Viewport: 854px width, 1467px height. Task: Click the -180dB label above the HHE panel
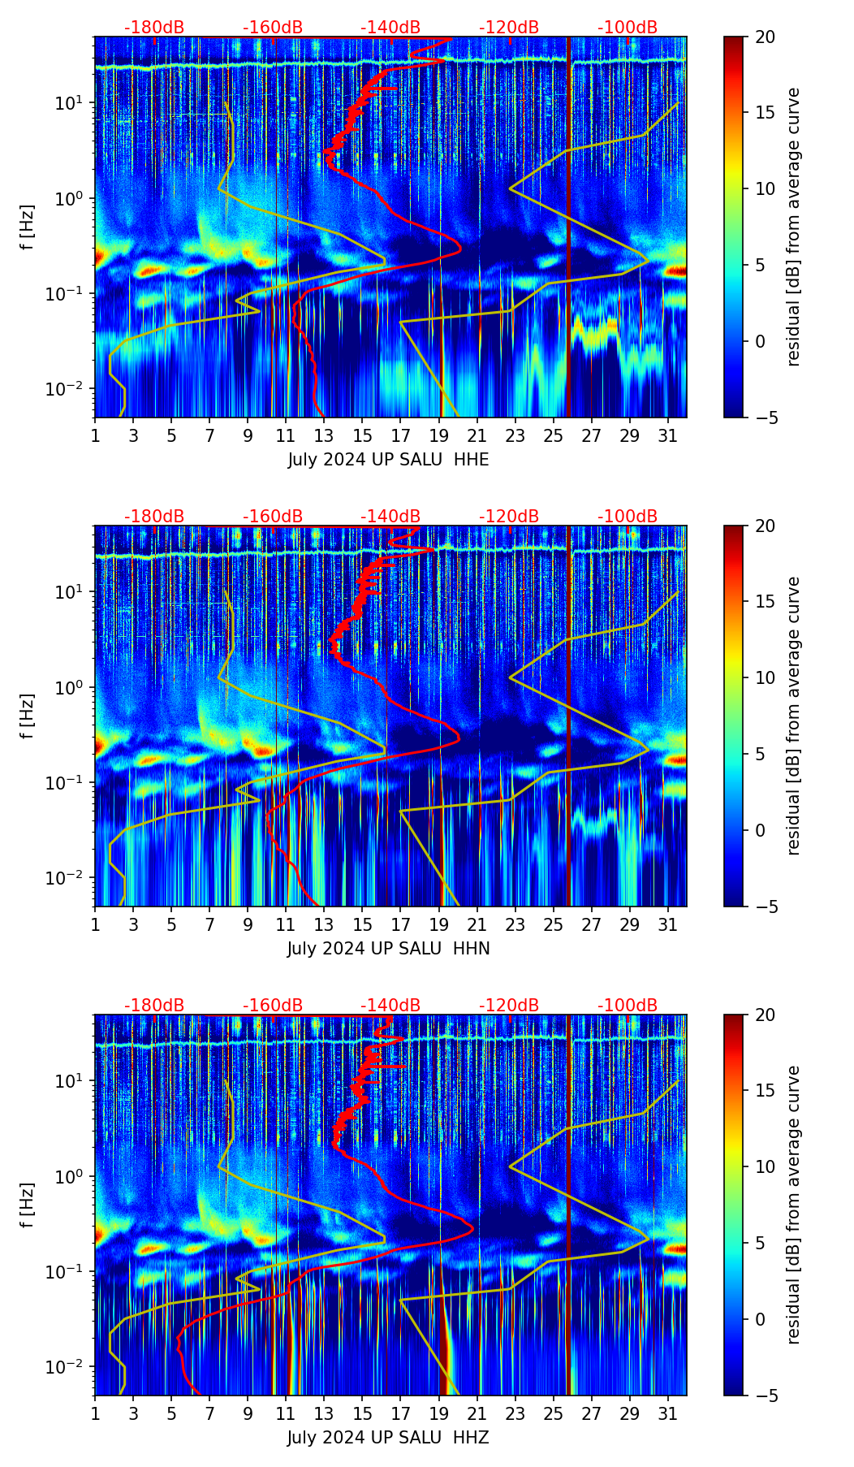[x=154, y=28]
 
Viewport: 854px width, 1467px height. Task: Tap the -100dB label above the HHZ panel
[x=628, y=1006]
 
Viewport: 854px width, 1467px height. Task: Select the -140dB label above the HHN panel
[x=390, y=517]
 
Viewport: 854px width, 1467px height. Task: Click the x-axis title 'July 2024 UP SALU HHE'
[x=388, y=460]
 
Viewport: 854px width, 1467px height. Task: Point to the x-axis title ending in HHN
[x=388, y=949]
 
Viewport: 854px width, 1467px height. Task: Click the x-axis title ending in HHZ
[x=388, y=1438]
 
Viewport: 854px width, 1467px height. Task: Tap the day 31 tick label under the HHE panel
[x=667, y=435]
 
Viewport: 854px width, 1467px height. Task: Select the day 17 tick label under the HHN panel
[x=400, y=924]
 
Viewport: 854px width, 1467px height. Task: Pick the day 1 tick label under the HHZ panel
[x=95, y=1413]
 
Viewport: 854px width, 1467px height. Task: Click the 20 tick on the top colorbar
[x=765, y=37]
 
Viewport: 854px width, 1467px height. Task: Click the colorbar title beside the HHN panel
[x=793, y=716]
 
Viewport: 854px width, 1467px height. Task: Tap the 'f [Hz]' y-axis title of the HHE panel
[x=28, y=227]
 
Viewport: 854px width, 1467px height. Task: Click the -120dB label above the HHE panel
[x=509, y=28]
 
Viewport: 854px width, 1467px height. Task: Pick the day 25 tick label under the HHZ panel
[x=553, y=1413]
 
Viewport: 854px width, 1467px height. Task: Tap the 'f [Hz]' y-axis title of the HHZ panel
[x=28, y=1205]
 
